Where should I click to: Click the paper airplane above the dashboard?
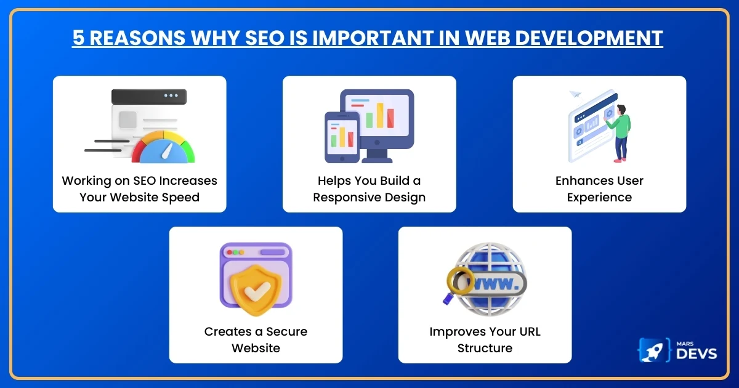[x=575, y=94]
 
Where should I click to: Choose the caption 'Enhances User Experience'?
[x=599, y=189]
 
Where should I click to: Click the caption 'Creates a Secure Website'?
[x=256, y=340]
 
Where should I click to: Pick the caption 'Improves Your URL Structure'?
[x=485, y=340]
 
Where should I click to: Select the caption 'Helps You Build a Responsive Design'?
[x=369, y=189]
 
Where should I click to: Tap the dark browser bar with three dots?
[x=149, y=96]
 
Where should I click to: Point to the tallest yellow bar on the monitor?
[x=380, y=115]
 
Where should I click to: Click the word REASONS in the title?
[x=131, y=38]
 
